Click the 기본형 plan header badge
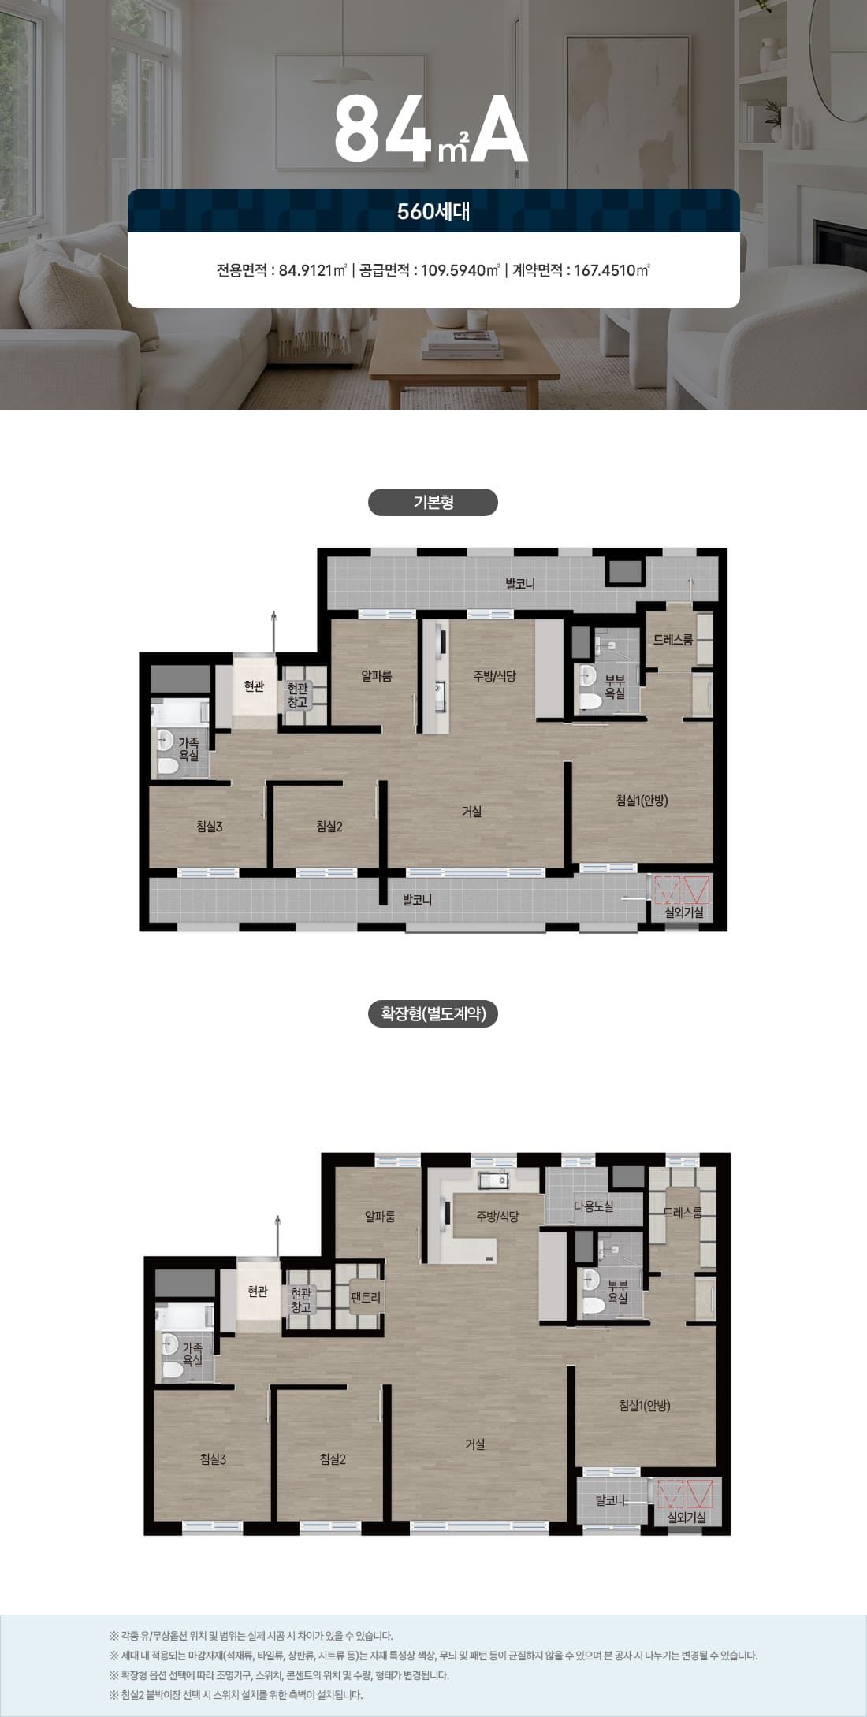(433, 503)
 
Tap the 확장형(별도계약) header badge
(433, 1013)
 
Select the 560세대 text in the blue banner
(433, 211)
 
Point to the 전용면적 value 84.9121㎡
(313, 270)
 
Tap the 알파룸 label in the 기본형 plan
(377, 675)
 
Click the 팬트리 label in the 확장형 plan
(366, 1296)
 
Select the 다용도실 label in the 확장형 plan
(594, 1206)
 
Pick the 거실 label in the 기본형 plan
(471, 811)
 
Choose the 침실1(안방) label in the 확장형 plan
(645, 1405)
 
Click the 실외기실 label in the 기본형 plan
(684, 912)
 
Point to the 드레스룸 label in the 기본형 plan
(673, 640)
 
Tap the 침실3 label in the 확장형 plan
(213, 1459)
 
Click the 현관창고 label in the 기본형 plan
(298, 695)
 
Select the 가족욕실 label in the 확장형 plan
(192, 1354)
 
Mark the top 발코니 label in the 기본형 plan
(520, 584)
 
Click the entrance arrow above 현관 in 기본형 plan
(273, 632)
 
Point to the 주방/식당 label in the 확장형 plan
(497, 1216)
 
